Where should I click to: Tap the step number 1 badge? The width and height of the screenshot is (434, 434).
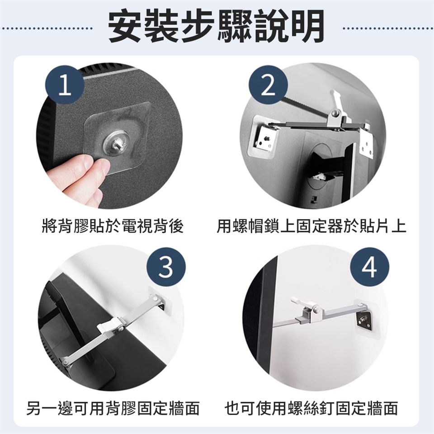click(x=65, y=85)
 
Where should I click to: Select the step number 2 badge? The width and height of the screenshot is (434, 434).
click(x=268, y=85)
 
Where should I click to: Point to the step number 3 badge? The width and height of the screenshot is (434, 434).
click(x=166, y=268)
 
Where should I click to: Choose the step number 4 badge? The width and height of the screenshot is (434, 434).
click(x=369, y=268)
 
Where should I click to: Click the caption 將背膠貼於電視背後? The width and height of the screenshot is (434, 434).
click(x=113, y=226)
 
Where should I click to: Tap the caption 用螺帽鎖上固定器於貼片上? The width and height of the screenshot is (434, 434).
click(x=311, y=226)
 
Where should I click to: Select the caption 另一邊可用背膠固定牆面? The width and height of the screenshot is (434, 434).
click(x=113, y=408)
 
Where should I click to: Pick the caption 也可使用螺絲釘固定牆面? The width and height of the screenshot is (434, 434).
click(x=311, y=408)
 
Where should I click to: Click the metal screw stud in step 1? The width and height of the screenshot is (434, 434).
click(x=117, y=143)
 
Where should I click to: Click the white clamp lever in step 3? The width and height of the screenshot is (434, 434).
click(x=109, y=326)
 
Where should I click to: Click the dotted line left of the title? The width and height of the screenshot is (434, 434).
click(x=47, y=28)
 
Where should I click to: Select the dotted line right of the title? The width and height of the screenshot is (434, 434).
click(x=388, y=28)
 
